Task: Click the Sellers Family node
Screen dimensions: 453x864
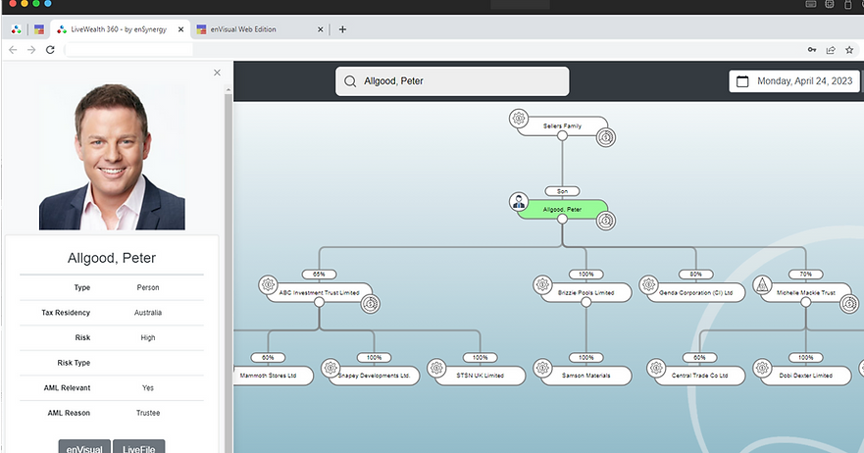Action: [x=562, y=126]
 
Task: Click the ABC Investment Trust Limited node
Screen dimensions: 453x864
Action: [x=319, y=292]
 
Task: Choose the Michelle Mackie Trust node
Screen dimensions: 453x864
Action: [x=805, y=292]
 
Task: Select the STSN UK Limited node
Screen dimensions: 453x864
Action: [x=480, y=375]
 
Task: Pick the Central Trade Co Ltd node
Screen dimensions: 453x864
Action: [x=699, y=375]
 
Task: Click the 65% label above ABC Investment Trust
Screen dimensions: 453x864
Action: [x=319, y=274]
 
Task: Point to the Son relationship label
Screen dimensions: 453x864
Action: [x=562, y=191]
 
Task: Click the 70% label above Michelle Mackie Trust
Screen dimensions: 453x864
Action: [x=805, y=274]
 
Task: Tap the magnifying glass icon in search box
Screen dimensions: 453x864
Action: [x=350, y=81]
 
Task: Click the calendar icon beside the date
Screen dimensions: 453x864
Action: [x=742, y=81]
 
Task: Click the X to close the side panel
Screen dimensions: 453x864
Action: [x=217, y=72]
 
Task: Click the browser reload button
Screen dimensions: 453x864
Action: [x=50, y=50]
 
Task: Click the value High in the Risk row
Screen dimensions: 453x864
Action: [x=148, y=337]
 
